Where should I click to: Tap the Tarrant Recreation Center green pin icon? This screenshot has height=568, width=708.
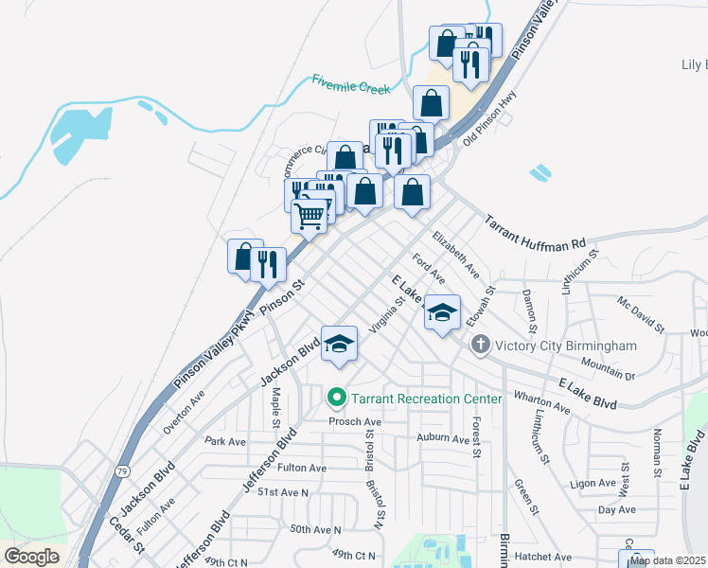(335, 399)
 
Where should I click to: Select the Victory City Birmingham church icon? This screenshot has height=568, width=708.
(481, 346)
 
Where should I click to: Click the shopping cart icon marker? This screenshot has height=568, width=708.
(310, 217)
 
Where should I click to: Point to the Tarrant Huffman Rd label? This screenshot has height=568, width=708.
(536, 236)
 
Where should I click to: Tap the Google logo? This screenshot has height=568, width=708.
(31, 557)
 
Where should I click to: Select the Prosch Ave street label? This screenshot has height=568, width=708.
(355, 421)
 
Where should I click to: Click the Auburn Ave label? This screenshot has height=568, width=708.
(443, 438)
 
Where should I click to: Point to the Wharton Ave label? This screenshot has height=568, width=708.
(541, 401)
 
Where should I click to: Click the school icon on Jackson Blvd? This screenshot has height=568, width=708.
(339, 345)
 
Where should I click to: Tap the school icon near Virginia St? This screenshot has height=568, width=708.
(442, 313)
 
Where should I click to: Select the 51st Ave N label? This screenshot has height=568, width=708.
(284, 492)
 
